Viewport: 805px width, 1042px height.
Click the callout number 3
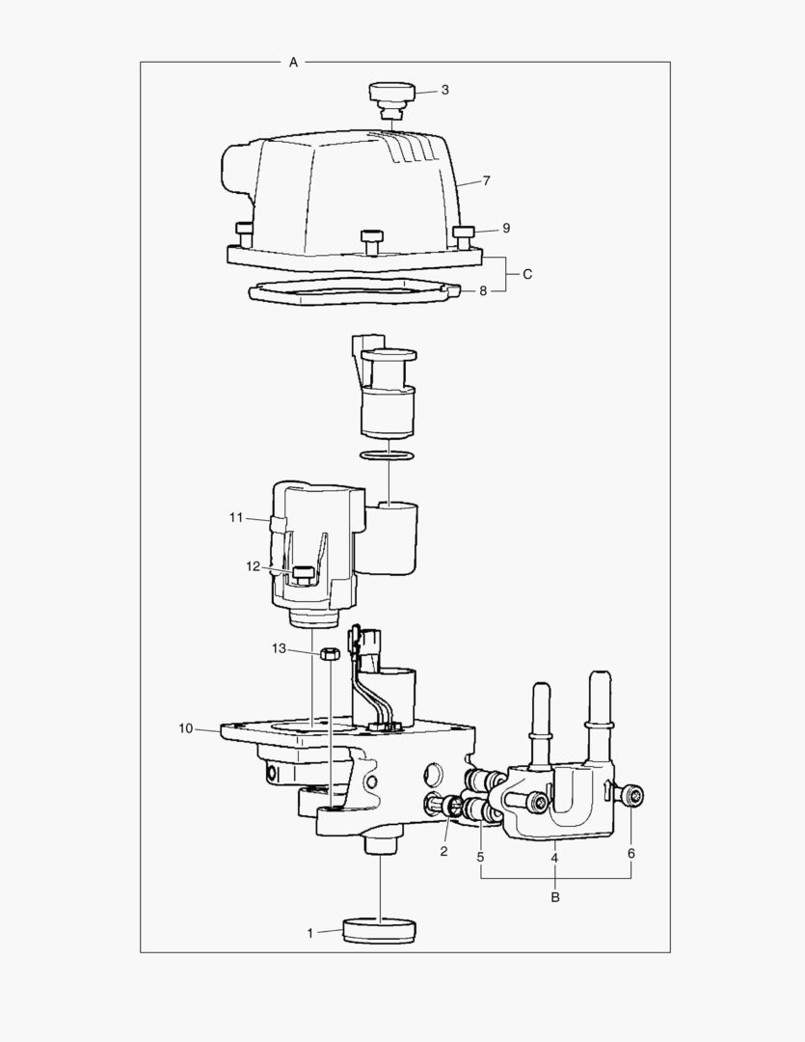click(444, 90)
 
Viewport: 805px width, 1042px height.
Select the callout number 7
click(487, 180)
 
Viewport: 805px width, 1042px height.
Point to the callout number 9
click(505, 229)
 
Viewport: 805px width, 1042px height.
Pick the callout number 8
click(484, 289)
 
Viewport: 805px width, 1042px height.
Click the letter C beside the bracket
click(527, 274)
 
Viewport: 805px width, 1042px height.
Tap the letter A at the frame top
click(293, 62)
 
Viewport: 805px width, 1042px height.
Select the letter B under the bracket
click(555, 897)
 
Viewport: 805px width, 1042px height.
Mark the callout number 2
click(444, 852)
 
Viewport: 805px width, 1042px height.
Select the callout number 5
click(480, 856)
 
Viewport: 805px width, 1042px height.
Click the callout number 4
click(555, 856)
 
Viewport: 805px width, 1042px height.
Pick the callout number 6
click(631, 853)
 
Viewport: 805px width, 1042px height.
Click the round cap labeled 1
click(380, 932)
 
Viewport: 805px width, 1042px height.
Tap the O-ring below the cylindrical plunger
click(388, 454)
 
